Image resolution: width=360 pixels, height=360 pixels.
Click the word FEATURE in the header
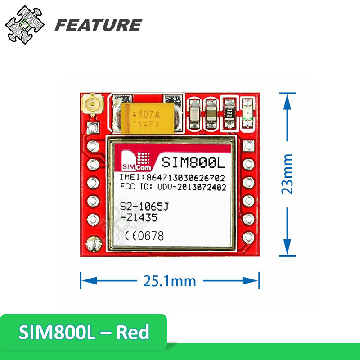click(98, 25)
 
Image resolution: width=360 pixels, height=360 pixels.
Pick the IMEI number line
click(172, 178)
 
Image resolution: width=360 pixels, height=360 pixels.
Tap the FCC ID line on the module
click(172, 187)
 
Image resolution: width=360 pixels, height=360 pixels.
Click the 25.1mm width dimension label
click(170, 281)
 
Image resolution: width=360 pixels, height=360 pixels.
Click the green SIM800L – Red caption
click(84, 333)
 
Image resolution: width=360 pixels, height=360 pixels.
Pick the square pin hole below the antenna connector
click(93, 127)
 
